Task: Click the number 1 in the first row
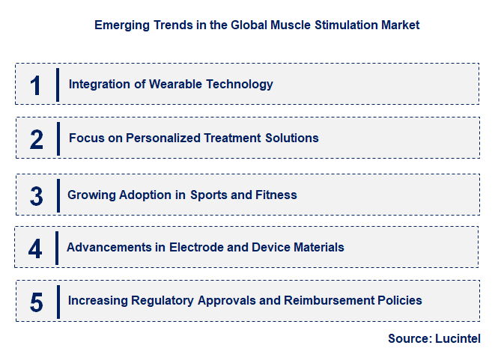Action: click(x=36, y=85)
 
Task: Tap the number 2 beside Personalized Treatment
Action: click(x=37, y=139)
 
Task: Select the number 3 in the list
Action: click(x=37, y=196)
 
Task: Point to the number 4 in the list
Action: click(x=35, y=248)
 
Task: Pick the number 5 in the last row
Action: click(x=37, y=302)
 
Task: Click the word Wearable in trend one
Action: click(x=175, y=85)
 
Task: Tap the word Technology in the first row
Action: click(x=238, y=85)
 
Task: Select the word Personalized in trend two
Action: click(x=160, y=138)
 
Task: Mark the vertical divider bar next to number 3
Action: click(x=58, y=195)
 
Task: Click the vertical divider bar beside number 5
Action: click(x=58, y=301)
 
